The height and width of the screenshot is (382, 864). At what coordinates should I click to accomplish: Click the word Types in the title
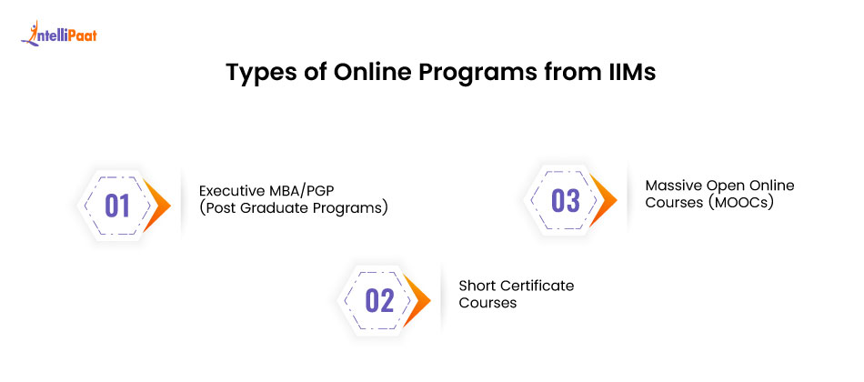click(x=256, y=74)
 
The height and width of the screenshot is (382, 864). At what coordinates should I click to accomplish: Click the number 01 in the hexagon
click(x=117, y=206)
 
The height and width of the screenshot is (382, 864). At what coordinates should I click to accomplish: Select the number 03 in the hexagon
click(x=565, y=201)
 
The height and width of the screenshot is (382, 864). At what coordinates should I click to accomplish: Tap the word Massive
click(x=675, y=186)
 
